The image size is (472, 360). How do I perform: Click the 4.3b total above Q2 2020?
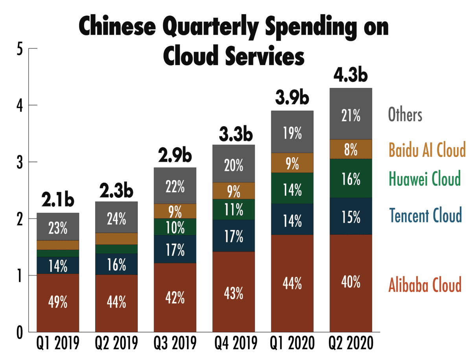click(x=351, y=75)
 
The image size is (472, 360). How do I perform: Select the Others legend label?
click(x=405, y=115)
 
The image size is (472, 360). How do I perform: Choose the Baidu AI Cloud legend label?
click(x=427, y=150)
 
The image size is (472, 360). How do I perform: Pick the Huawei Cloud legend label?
click(x=424, y=179)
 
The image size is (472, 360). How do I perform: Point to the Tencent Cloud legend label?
click(x=425, y=215)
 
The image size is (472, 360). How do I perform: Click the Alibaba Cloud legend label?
click(x=425, y=285)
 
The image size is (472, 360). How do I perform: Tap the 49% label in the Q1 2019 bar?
click(x=58, y=303)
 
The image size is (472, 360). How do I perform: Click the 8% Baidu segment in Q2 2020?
click(x=351, y=149)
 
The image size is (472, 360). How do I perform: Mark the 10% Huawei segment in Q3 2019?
click(x=175, y=227)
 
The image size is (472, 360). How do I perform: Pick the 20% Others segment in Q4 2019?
click(x=234, y=166)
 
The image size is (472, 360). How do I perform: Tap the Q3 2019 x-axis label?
click(x=175, y=345)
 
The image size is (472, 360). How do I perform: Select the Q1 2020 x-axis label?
click(x=292, y=345)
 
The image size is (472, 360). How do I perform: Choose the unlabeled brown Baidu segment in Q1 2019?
click(x=58, y=245)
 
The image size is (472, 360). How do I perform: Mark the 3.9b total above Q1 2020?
click(x=292, y=98)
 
